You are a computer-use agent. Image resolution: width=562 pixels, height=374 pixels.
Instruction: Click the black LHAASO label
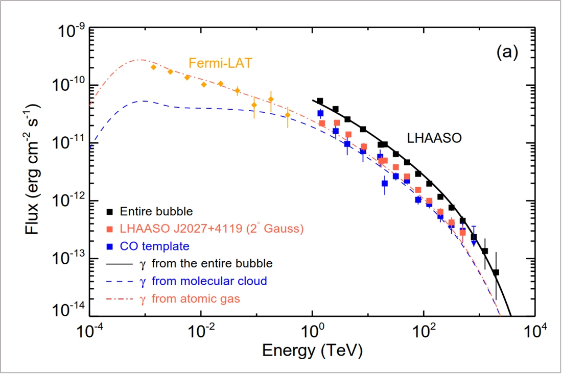pos(434,137)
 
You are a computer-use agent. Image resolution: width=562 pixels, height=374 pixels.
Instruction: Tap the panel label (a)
pos(507,52)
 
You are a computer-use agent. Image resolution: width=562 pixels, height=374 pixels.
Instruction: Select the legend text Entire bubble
pos(156,210)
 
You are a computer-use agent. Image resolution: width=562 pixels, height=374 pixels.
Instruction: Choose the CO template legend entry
pos(154,246)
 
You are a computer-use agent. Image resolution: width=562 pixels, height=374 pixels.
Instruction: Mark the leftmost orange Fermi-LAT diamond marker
pos(153,67)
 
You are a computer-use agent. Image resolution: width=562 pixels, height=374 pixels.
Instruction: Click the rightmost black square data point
pos(496,272)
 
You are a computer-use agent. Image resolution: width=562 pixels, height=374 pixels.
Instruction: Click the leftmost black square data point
pos(320,101)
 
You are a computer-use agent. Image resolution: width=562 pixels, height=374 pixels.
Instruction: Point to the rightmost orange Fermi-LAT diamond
pos(288,115)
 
